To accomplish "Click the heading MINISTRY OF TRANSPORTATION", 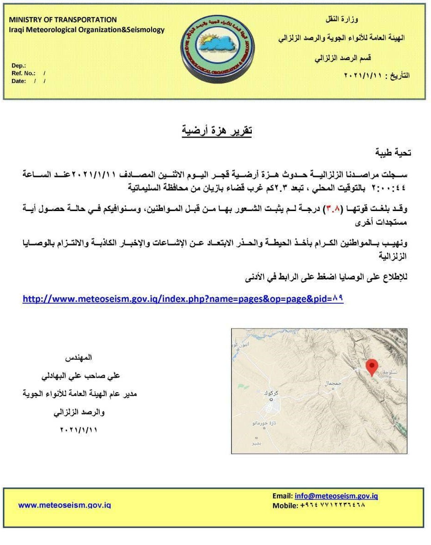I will tap(63, 20).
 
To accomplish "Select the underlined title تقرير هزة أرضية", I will tap(217, 131).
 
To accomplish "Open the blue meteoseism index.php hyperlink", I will tap(183, 299).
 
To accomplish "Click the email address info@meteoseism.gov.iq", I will tap(336, 496).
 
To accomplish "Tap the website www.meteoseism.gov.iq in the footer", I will tap(64, 505).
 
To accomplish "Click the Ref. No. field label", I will tap(23, 73).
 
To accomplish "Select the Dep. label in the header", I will tap(19, 66).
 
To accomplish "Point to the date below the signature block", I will tap(79, 430).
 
